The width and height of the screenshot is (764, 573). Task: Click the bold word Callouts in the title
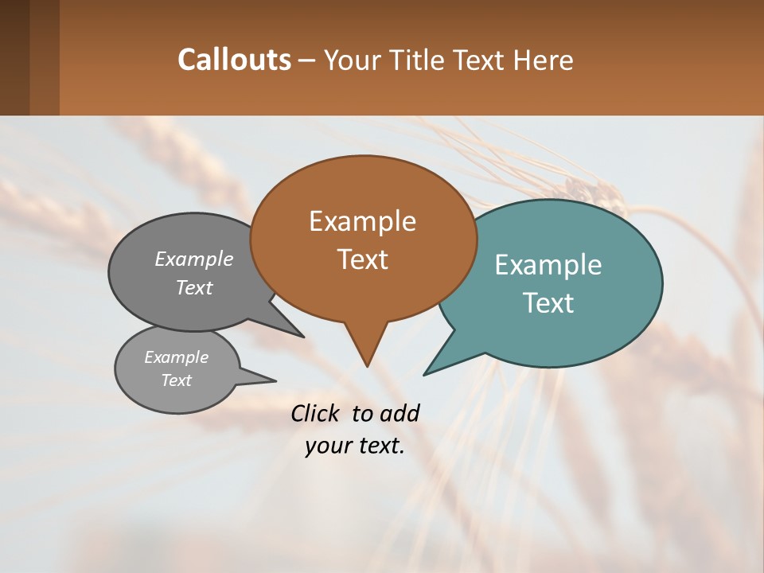point(234,60)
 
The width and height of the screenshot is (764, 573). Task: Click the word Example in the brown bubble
point(362,221)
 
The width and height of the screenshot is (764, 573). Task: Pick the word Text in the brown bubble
point(362,259)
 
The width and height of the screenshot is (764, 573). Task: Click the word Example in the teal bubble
point(548,265)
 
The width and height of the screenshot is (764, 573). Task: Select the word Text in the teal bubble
point(548,303)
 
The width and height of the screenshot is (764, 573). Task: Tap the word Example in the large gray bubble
point(194,259)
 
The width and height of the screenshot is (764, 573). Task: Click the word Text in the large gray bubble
point(194,288)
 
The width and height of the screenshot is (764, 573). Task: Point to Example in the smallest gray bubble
point(176,358)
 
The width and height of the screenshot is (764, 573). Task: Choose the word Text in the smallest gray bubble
point(176,380)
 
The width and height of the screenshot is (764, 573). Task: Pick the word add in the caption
point(400,413)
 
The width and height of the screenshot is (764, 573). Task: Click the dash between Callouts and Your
point(308,60)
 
